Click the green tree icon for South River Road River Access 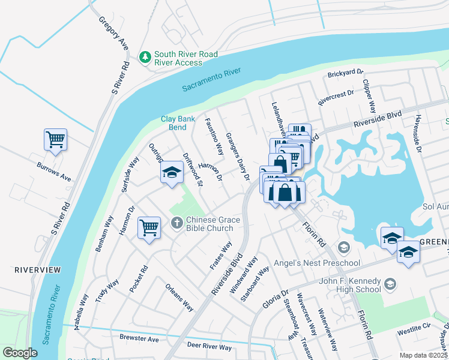pyautogui.click(x=145, y=58)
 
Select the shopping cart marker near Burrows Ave pyautogui.click(x=55, y=140)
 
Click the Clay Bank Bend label pyautogui.click(x=178, y=123)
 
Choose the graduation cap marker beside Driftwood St pyautogui.click(x=172, y=173)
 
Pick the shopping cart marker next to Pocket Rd pyautogui.click(x=149, y=228)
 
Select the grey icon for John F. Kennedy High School pyautogui.click(x=390, y=283)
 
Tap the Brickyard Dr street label pyautogui.click(x=346, y=74)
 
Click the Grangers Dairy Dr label pyautogui.click(x=237, y=157)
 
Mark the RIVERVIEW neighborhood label pyautogui.click(x=38, y=270)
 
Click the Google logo pyautogui.click(x=20, y=352)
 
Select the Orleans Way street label pyautogui.click(x=179, y=297)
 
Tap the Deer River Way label pyautogui.click(x=209, y=347)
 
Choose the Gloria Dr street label pyautogui.click(x=276, y=299)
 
